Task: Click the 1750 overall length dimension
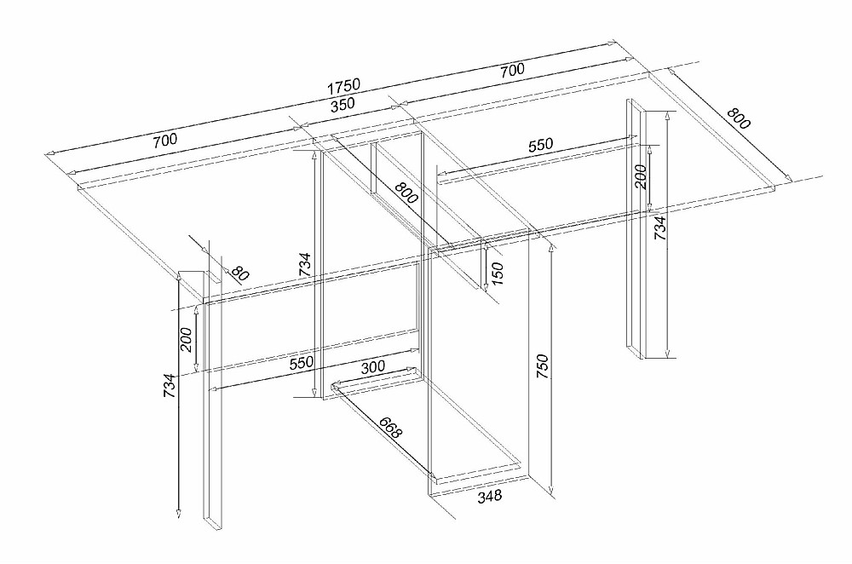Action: coord(343,86)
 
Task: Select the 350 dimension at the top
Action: coord(343,104)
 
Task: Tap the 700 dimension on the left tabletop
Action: coord(165,141)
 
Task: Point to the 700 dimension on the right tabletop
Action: coord(512,70)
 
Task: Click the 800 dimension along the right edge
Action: coord(739,118)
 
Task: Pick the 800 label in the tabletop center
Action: coord(406,193)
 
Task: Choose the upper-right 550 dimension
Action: coord(540,145)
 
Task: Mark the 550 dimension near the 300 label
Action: coord(302,362)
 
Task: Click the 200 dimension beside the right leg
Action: coord(641,176)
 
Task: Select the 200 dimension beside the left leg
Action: coord(187,340)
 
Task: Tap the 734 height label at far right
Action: coord(659,228)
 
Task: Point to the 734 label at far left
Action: coord(170,386)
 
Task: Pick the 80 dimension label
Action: coord(239,273)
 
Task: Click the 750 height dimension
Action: coord(542,366)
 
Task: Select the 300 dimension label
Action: coord(373,366)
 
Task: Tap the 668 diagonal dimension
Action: coord(390,428)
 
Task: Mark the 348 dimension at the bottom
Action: coord(490,496)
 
